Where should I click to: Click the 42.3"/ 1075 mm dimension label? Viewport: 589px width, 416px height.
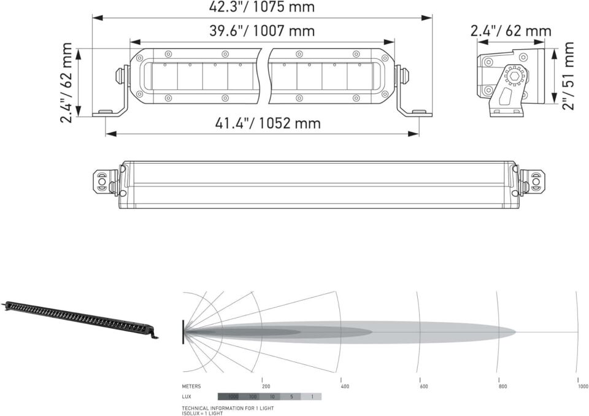(x=262, y=7)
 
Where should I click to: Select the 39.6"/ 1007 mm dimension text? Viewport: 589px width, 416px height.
(x=262, y=31)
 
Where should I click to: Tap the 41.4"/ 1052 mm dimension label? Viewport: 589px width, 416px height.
(x=268, y=123)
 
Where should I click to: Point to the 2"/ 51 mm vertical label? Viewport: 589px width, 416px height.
(x=569, y=76)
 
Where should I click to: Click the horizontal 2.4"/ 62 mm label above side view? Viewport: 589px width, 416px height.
(x=511, y=31)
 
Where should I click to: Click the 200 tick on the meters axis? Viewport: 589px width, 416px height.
(x=266, y=387)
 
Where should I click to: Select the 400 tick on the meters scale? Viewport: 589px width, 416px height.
(x=345, y=387)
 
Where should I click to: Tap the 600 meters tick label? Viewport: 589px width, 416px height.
(x=423, y=387)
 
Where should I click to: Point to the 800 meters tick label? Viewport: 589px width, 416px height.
(x=502, y=387)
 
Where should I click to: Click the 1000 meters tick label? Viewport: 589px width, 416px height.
(x=582, y=387)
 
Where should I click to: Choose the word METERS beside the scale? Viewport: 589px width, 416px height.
(x=191, y=387)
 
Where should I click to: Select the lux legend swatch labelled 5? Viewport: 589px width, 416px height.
(x=291, y=397)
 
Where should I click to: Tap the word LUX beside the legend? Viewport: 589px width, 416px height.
(x=187, y=397)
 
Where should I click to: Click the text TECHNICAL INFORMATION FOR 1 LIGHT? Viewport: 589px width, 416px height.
(x=228, y=408)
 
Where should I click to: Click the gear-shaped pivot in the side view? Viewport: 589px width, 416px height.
(x=510, y=77)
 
